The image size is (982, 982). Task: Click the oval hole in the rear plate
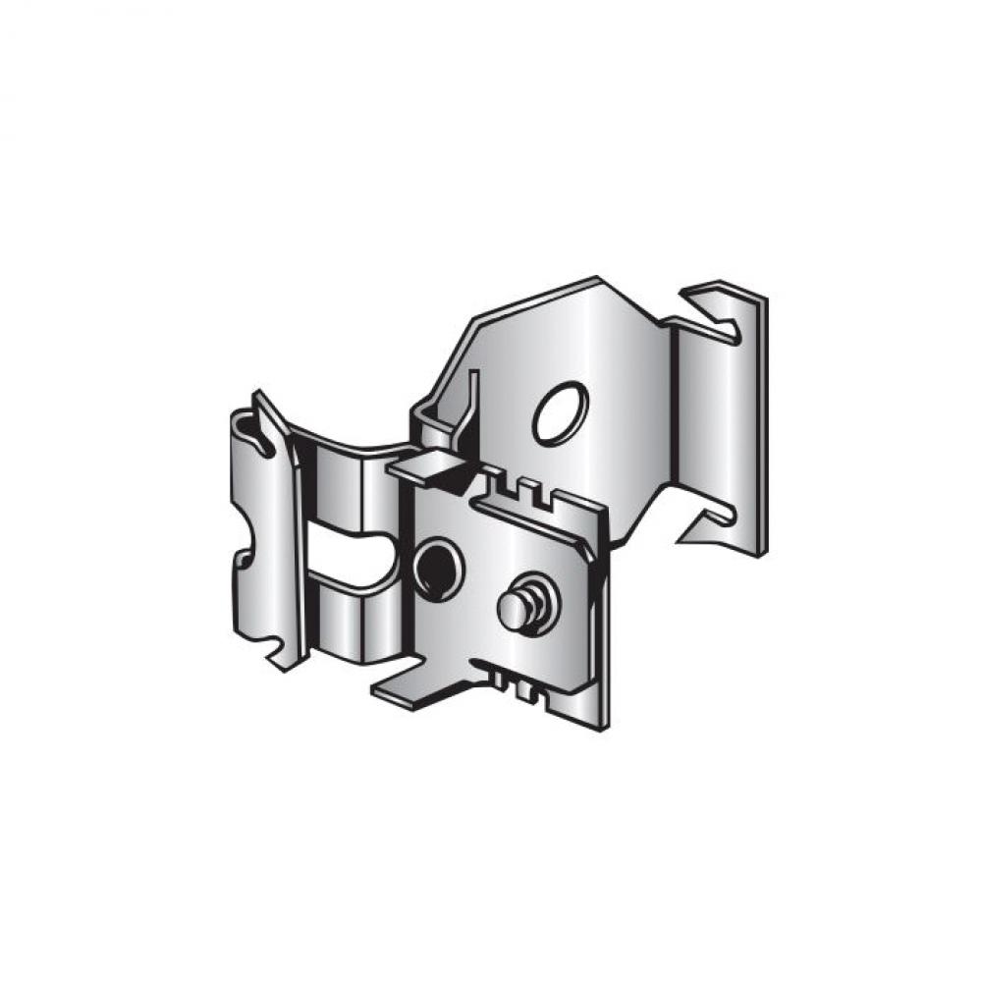[x=561, y=411]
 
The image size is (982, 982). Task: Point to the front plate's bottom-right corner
[x=604, y=722]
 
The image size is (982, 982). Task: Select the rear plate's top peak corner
[x=596, y=279]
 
